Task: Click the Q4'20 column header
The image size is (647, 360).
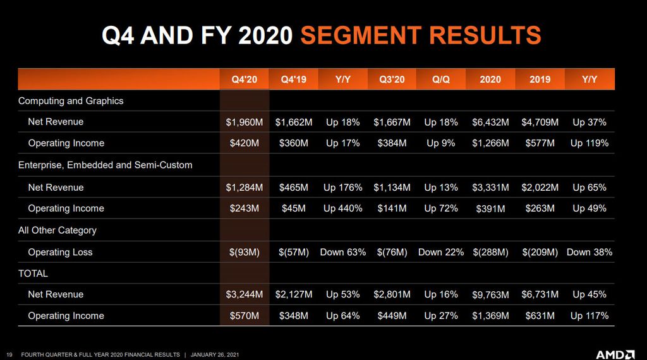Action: click(x=245, y=79)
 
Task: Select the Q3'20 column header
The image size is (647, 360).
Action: click(x=392, y=79)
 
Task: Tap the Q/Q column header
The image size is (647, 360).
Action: click(x=440, y=79)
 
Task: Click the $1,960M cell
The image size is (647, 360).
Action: click(x=245, y=122)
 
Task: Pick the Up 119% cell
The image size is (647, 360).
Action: click(x=590, y=143)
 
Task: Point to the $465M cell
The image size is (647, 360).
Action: click(x=293, y=188)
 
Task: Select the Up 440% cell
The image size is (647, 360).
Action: click(x=342, y=208)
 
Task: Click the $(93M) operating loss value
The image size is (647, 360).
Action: click(x=245, y=253)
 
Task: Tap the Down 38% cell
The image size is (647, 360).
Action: click(x=590, y=252)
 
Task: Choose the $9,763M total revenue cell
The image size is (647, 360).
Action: click(x=490, y=295)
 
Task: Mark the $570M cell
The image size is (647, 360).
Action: click(x=245, y=316)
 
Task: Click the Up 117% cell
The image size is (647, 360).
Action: click(x=590, y=316)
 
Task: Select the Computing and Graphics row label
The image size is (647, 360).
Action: click(x=71, y=101)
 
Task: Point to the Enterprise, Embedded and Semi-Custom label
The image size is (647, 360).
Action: click(x=106, y=165)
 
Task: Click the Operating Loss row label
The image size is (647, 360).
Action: click(x=60, y=253)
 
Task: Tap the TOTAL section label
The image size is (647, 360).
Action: click(x=33, y=273)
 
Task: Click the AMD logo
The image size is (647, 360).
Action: click(x=615, y=355)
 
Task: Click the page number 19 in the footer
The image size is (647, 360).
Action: click(x=9, y=355)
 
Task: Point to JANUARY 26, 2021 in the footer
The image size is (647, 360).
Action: click(x=215, y=355)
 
